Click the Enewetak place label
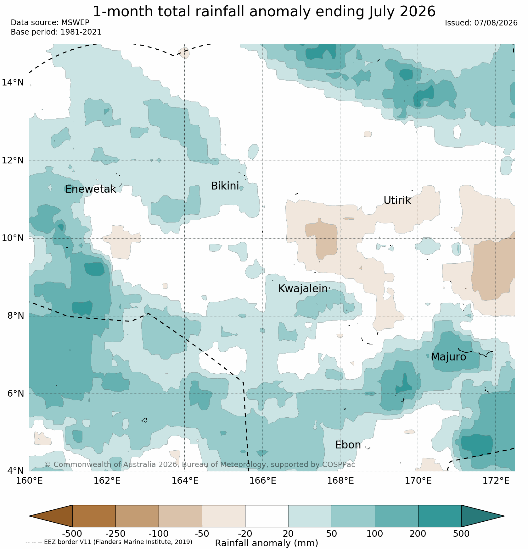[x=91, y=189]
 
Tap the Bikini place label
[x=225, y=186]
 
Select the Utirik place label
[x=397, y=200]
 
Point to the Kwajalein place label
[x=303, y=289]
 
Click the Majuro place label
[x=448, y=357]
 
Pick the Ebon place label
[x=348, y=445]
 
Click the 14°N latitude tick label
[x=13, y=83]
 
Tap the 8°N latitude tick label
[x=15, y=316]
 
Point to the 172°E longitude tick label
[x=496, y=480]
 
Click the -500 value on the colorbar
[x=72, y=534]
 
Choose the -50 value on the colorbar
[x=202, y=534]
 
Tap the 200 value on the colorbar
[x=418, y=534]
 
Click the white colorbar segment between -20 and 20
[x=267, y=516]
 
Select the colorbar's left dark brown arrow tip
[x=30, y=516]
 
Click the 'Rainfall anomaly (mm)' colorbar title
[x=267, y=543]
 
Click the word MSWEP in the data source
[x=75, y=23]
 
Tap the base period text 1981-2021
[x=81, y=32]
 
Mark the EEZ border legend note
[x=109, y=542]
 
